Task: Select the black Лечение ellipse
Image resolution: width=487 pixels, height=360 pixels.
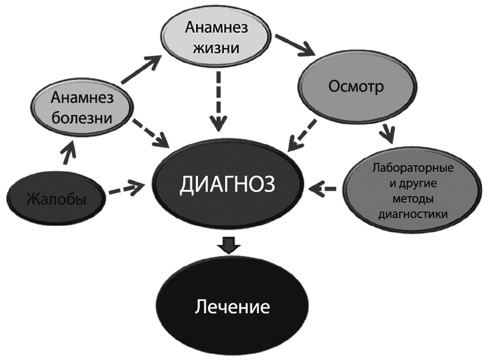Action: [x=233, y=307]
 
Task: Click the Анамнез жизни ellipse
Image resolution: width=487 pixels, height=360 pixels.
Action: [x=216, y=37]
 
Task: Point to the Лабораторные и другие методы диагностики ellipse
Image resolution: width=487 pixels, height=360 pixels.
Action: [x=413, y=191]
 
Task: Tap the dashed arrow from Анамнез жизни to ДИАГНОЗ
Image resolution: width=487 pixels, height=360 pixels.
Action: [x=219, y=101]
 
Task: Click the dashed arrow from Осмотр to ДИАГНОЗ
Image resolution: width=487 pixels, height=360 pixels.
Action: [x=302, y=136]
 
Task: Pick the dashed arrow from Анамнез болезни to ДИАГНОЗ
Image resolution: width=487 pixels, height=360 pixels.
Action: [x=150, y=133]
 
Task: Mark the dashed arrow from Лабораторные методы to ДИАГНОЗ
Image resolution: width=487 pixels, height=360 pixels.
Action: [x=323, y=188]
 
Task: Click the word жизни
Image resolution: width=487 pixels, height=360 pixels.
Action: [x=216, y=48]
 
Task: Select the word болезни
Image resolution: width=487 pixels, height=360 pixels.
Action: [x=82, y=118]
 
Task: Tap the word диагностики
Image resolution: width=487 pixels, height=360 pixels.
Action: [x=413, y=214]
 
